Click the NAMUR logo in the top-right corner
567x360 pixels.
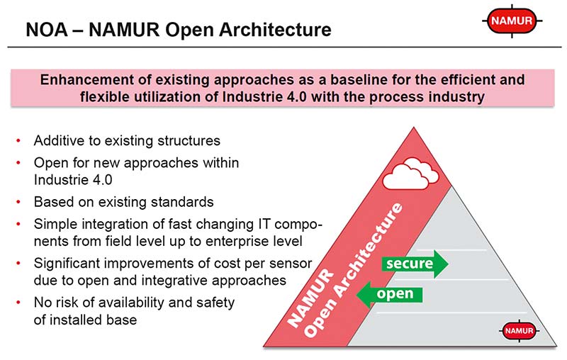pyautogui.click(x=514, y=22)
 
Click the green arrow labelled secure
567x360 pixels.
pyautogui.click(x=415, y=264)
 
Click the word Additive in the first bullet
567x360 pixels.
pyautogui.click(x=57, y=140)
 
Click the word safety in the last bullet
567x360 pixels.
pyautogui.click(x=214, y=303)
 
